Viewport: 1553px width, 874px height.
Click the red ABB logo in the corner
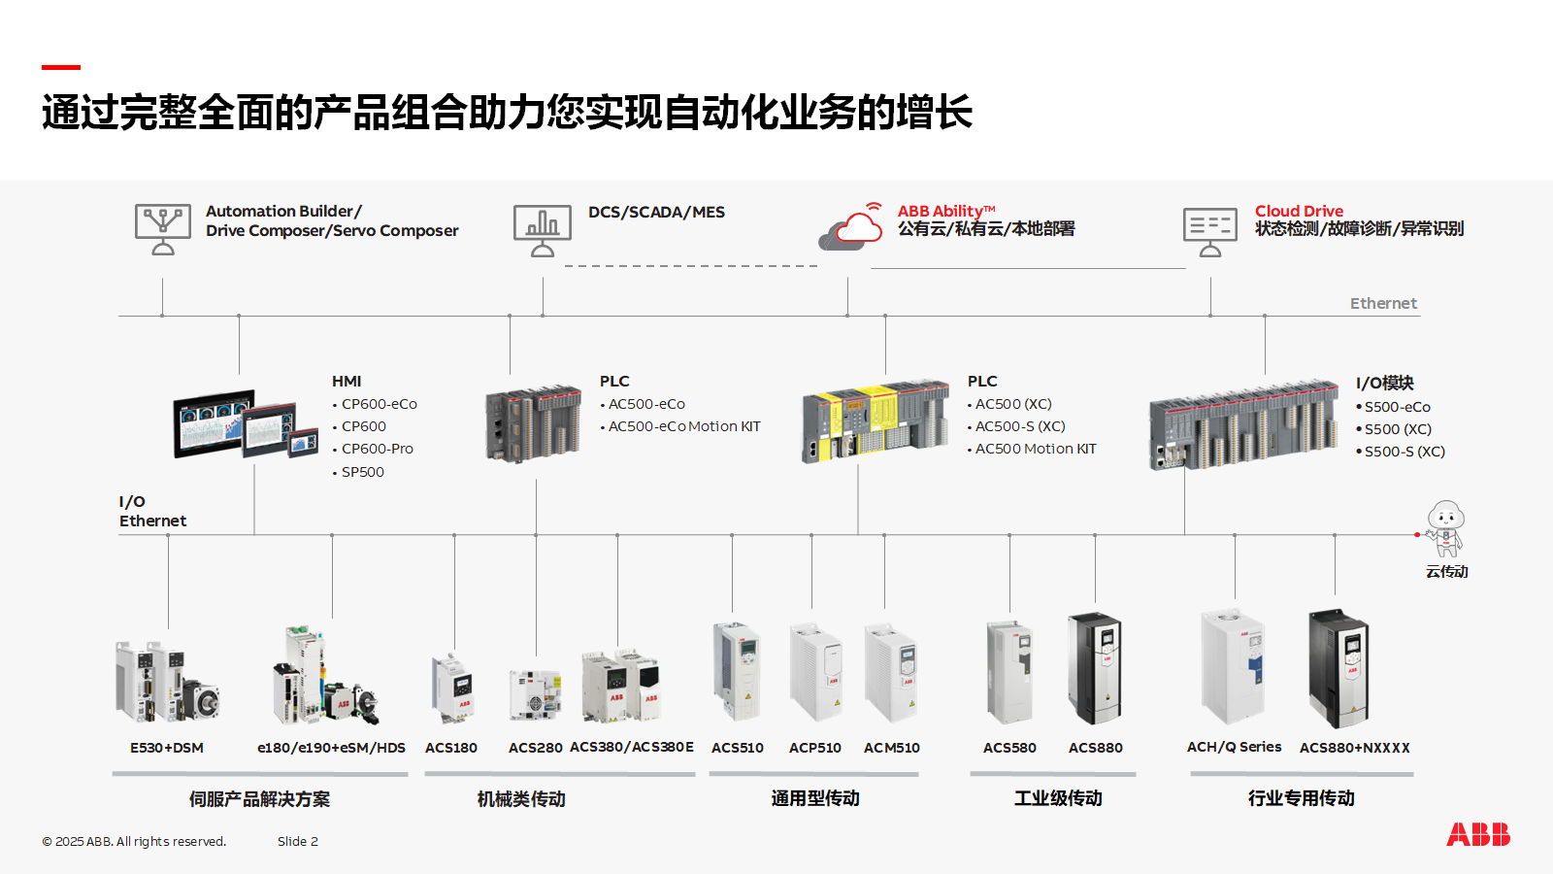click(x=1477, y=834)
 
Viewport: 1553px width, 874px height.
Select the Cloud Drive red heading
click(x=1299, y=211)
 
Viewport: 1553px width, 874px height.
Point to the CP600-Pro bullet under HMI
click(x=377, y=449)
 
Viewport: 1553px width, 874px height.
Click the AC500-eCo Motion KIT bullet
click(x=683, y=426)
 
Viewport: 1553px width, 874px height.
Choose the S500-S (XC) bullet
click(x=1404, y=452)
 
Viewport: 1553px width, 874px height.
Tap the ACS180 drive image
click(x=452, y=687)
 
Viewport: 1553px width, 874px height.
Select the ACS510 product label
click(x=737, y=748)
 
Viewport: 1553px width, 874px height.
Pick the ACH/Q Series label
click(x=1234, y=747)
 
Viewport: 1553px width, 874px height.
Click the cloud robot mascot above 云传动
click(x=1445, y=527)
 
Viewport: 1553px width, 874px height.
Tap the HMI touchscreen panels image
click(x=246, y=424)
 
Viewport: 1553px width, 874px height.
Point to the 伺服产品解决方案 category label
click(x=259, y=799)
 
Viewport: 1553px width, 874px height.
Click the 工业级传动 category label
click(x=1058, y=798)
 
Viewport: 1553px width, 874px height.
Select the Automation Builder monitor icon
click(x=162, y=229)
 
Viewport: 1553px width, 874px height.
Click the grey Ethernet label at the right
click(x=1383, y=303)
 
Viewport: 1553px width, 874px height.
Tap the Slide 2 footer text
click(x=297, y=841)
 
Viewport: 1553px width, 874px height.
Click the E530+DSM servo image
click(x=167, y=683)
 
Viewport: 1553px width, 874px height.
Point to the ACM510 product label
click(x=891, y=748)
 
